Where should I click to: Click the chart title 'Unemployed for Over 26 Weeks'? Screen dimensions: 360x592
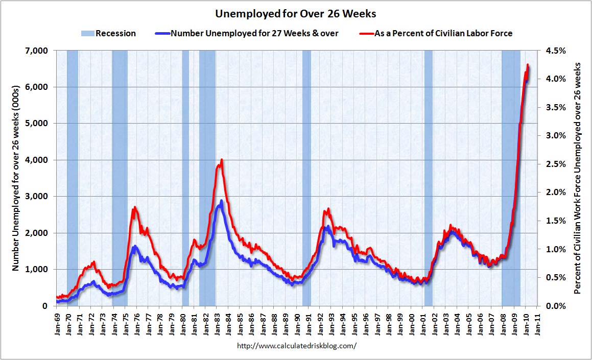coord(295,13)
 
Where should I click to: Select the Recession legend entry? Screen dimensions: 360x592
coord(108,33)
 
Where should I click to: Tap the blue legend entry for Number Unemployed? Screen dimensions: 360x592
coord(246,33)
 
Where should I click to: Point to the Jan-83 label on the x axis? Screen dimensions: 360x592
coord(217,322)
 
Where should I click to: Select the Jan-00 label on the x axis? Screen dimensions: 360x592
coord(411,322)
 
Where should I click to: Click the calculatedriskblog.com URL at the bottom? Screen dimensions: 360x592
coord(297,346)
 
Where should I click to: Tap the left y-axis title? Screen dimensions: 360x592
coord(15,178)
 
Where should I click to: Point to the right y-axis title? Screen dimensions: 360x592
coord(578,178)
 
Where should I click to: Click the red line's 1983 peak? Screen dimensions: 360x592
coord(222,160)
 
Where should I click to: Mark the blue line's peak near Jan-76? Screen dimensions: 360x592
coord(134,247)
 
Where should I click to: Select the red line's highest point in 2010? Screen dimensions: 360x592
coord(528,65)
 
